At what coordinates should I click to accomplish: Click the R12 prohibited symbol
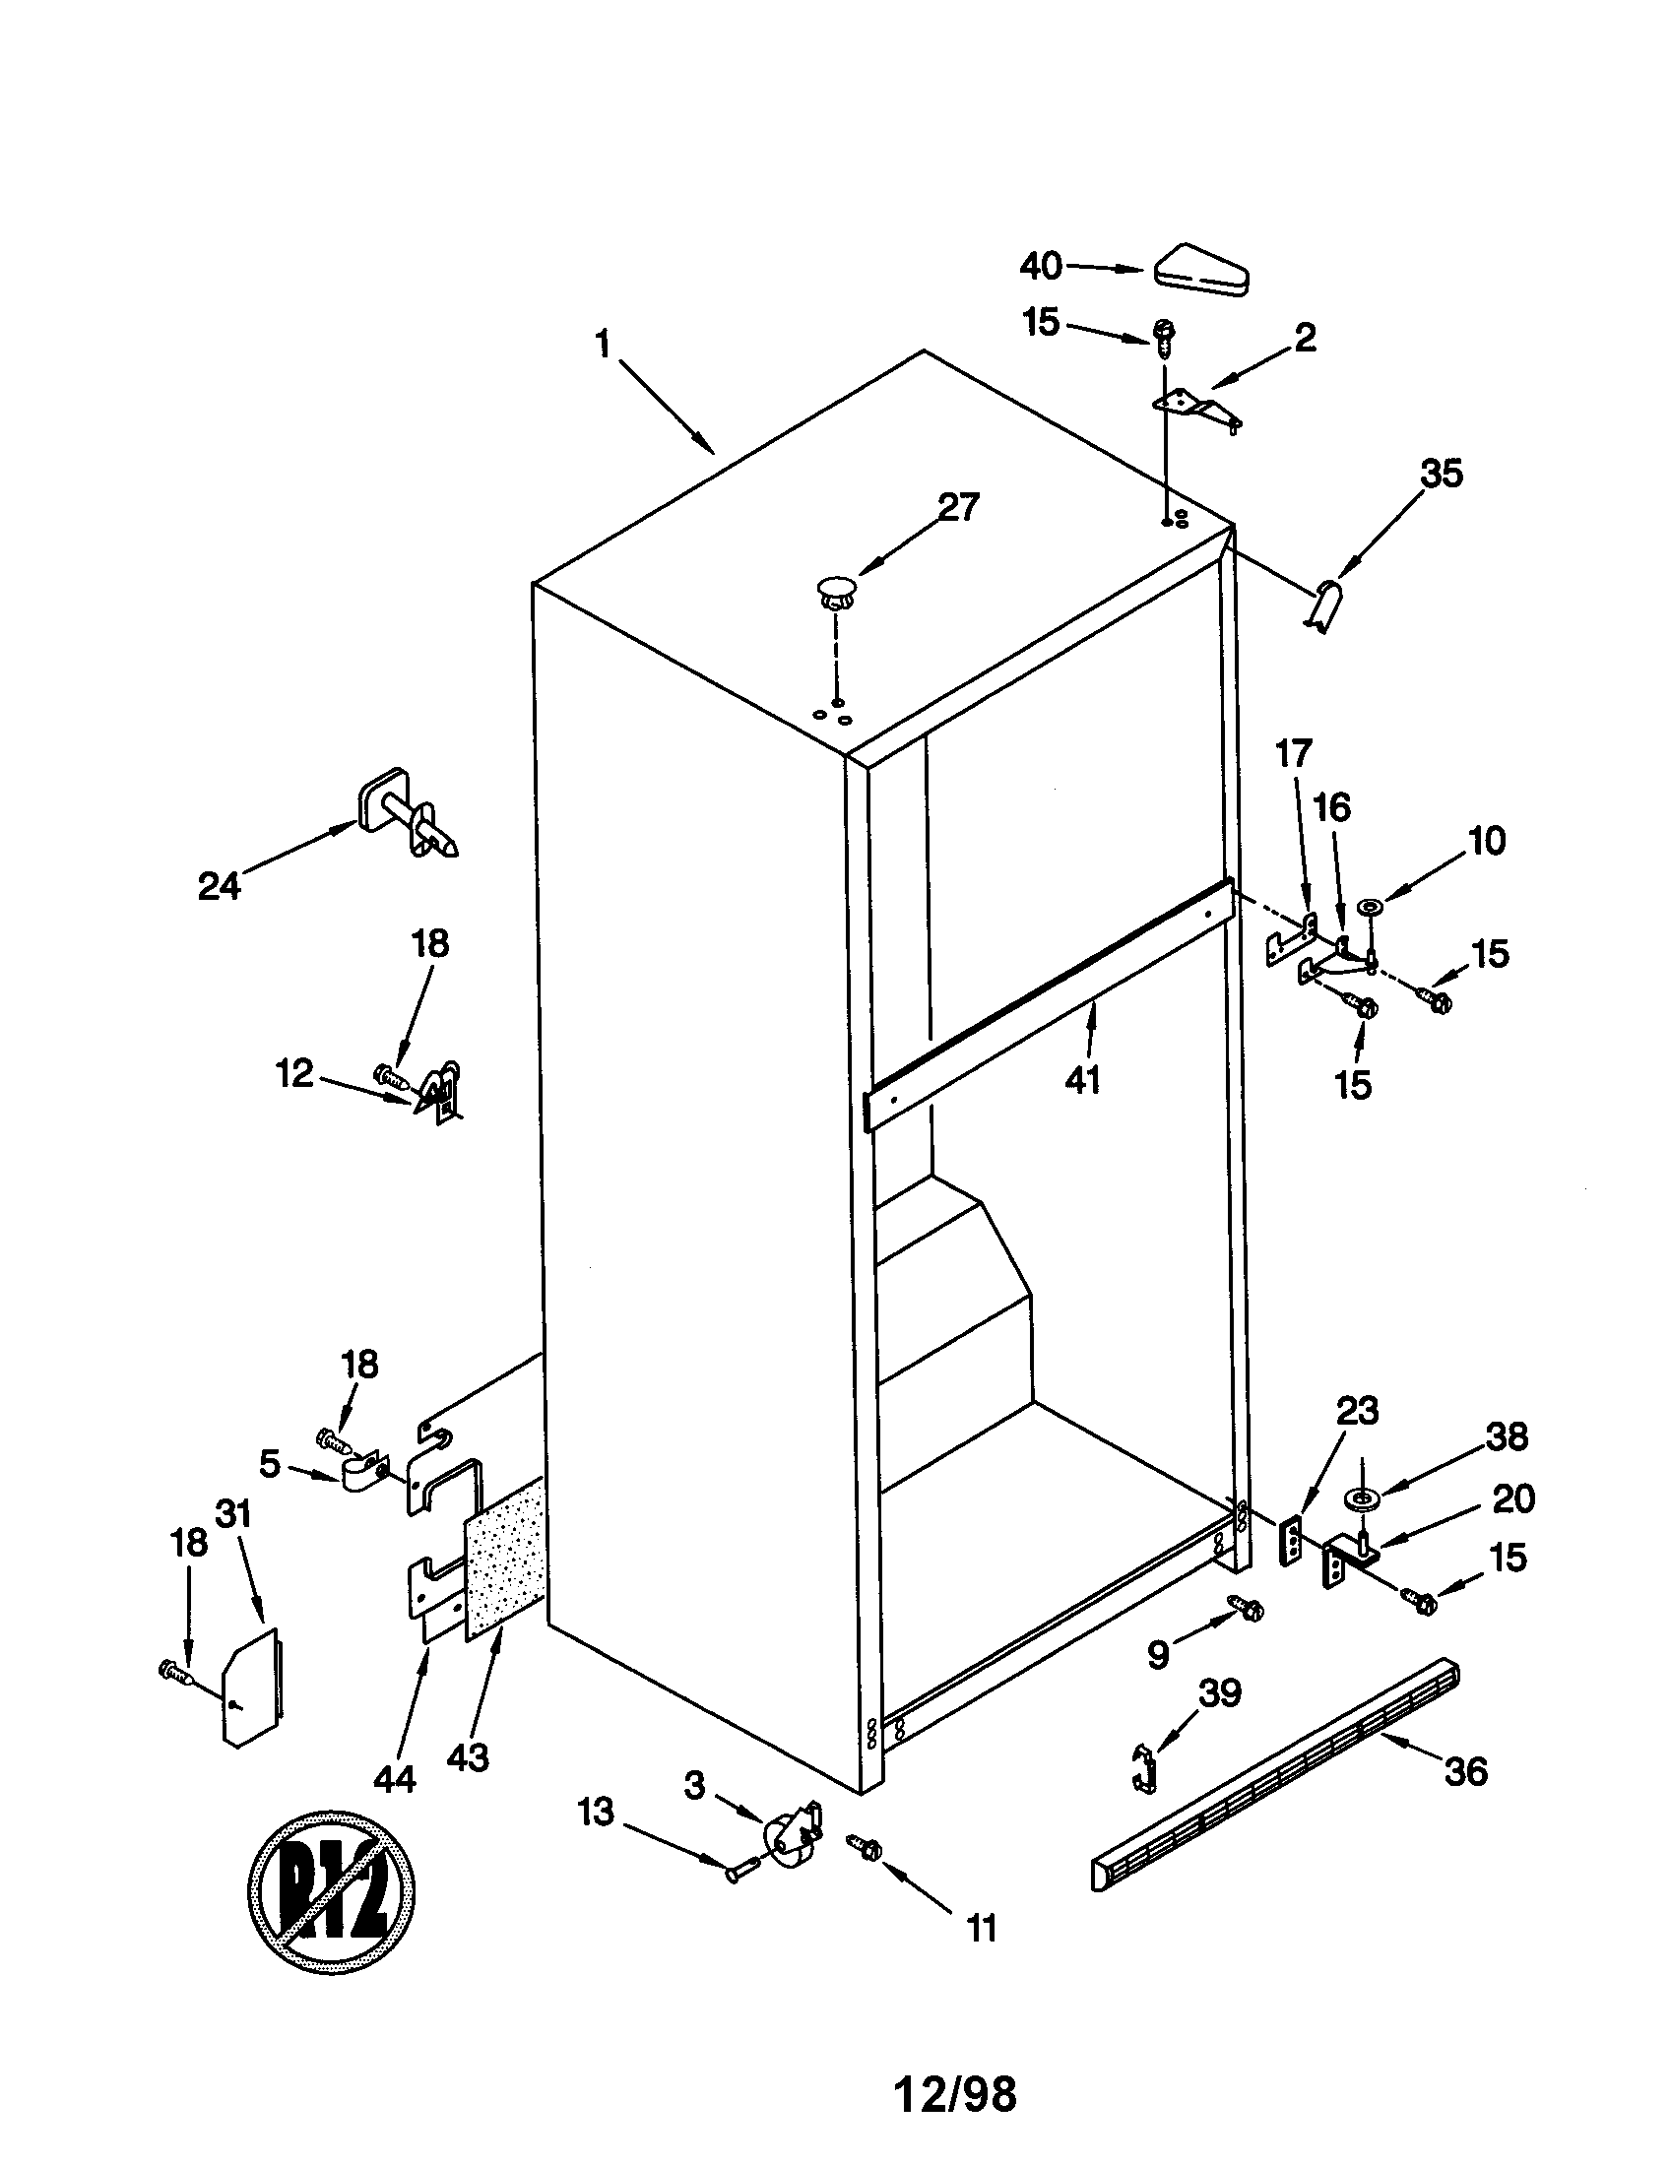[x=330, y=1896]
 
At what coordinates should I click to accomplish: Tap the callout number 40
[x=1041, y=266]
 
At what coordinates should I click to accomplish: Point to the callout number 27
[x=958, y=508]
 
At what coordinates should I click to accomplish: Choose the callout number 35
[x=1441, y=475]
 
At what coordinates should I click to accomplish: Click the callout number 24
[x=220, y=886]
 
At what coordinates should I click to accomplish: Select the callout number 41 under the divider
[x=1083, y=1080]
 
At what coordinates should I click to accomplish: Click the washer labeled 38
[x=1362, y=1497]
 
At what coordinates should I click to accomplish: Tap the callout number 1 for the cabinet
[x=602, y=345]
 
